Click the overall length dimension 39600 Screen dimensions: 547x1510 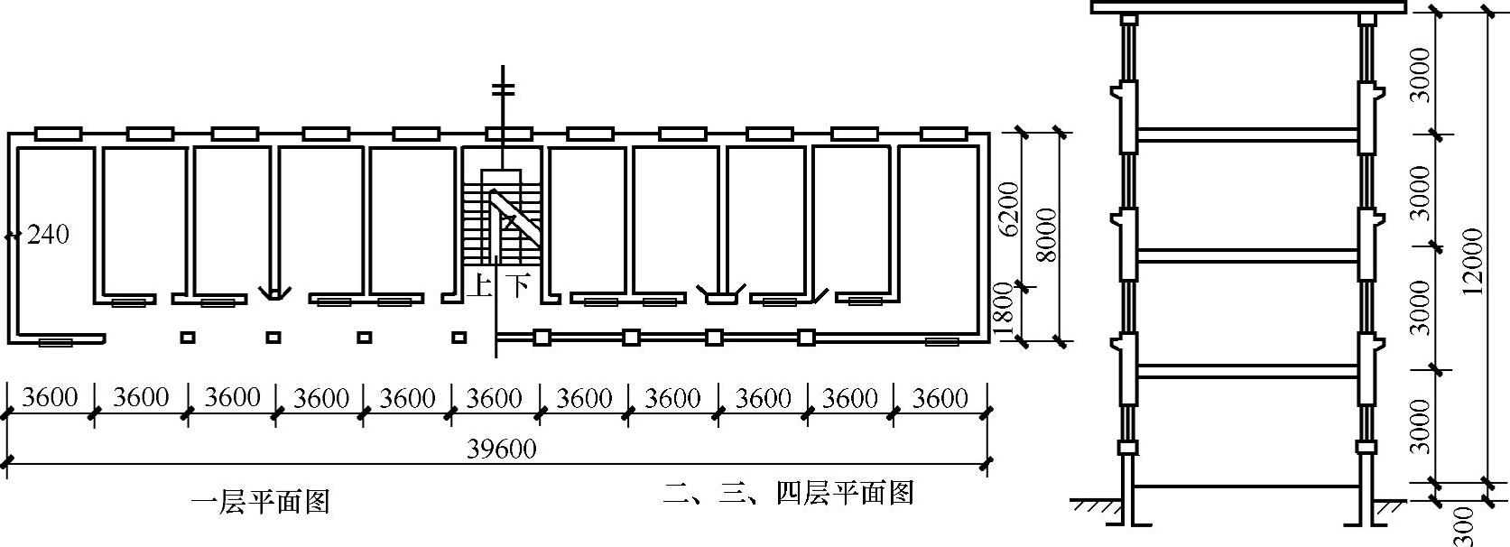click(x=502, y=449)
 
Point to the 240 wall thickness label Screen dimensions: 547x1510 click(x=48, y=235)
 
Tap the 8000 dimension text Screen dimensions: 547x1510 click(x=1046, y=235)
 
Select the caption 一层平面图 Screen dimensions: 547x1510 click(x=261, y=502)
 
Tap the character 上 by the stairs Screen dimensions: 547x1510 click(x=478, y=287)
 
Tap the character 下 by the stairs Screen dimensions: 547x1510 click(x=516, y=287)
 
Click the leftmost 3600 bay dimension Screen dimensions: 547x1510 click(x=50, y=397)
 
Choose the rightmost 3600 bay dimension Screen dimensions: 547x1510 click(x=940, y=397)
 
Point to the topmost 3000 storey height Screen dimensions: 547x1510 click(x=1420, y=74)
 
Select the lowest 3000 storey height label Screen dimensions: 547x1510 click(x=1420, y=426)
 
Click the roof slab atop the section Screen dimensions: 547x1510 click(x=1248, y=7)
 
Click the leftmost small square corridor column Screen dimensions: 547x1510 click(x=188, y=338)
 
